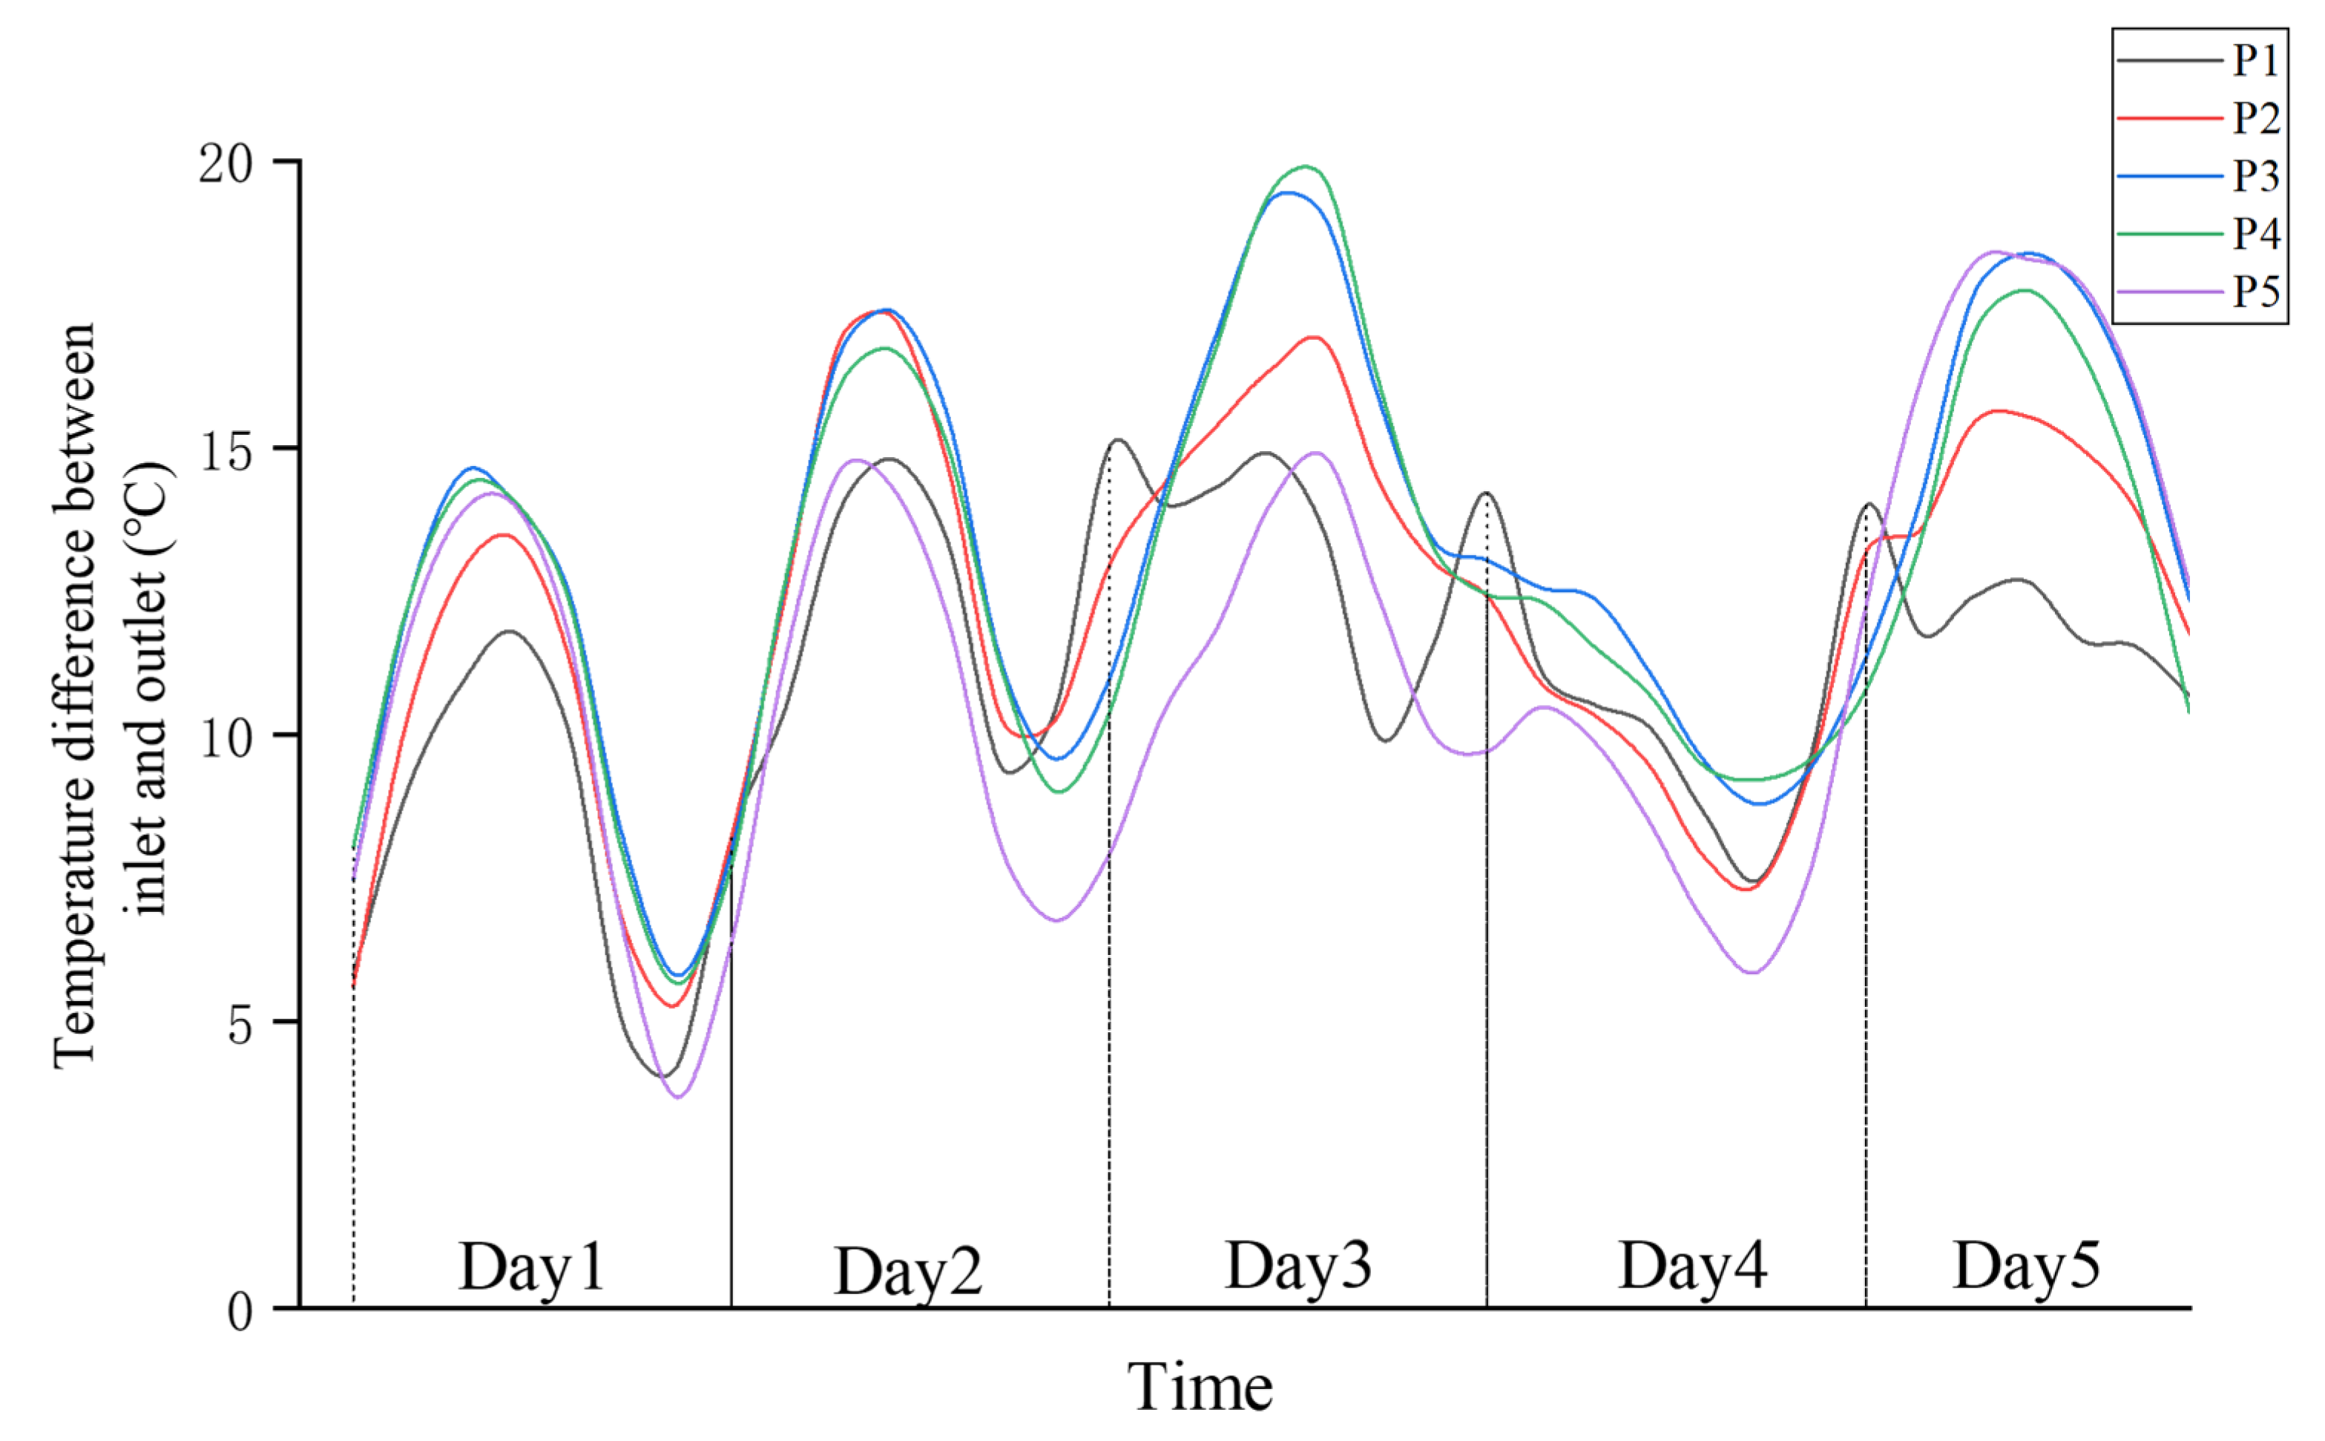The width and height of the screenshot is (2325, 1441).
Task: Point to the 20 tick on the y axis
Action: tap(227, 164)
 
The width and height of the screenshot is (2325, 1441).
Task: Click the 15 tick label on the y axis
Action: tap(227, 451)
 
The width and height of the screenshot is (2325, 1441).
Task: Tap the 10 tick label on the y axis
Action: tap(227, 738)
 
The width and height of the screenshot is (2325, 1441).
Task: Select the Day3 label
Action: tap(1298, 1267)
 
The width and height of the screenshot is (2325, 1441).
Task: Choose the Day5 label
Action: tap(2026, 1267)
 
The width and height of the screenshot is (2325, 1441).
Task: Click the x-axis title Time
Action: tap(1200, 1388)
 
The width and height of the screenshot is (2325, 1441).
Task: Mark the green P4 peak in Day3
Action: tap(1304, 167)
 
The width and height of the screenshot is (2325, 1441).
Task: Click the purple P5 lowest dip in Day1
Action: tap(677, 1097)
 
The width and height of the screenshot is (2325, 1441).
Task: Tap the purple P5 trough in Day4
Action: tap(1752, 973)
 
